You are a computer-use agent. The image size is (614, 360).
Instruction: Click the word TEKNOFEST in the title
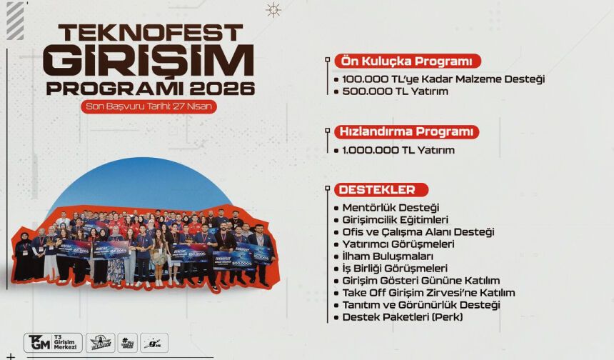151,34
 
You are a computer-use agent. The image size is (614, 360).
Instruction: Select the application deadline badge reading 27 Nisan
149,106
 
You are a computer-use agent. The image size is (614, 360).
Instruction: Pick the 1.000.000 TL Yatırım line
398,150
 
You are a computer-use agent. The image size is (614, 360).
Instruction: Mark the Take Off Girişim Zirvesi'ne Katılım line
428,293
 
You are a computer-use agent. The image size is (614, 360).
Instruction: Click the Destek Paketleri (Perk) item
403,316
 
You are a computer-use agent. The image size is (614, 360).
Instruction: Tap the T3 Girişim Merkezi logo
53,342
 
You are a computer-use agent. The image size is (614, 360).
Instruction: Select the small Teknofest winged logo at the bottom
100,343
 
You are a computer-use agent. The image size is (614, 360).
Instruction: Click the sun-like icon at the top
273,10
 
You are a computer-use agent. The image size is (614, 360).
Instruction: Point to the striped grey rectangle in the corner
15,21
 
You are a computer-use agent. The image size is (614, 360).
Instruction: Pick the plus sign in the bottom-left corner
11,356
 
